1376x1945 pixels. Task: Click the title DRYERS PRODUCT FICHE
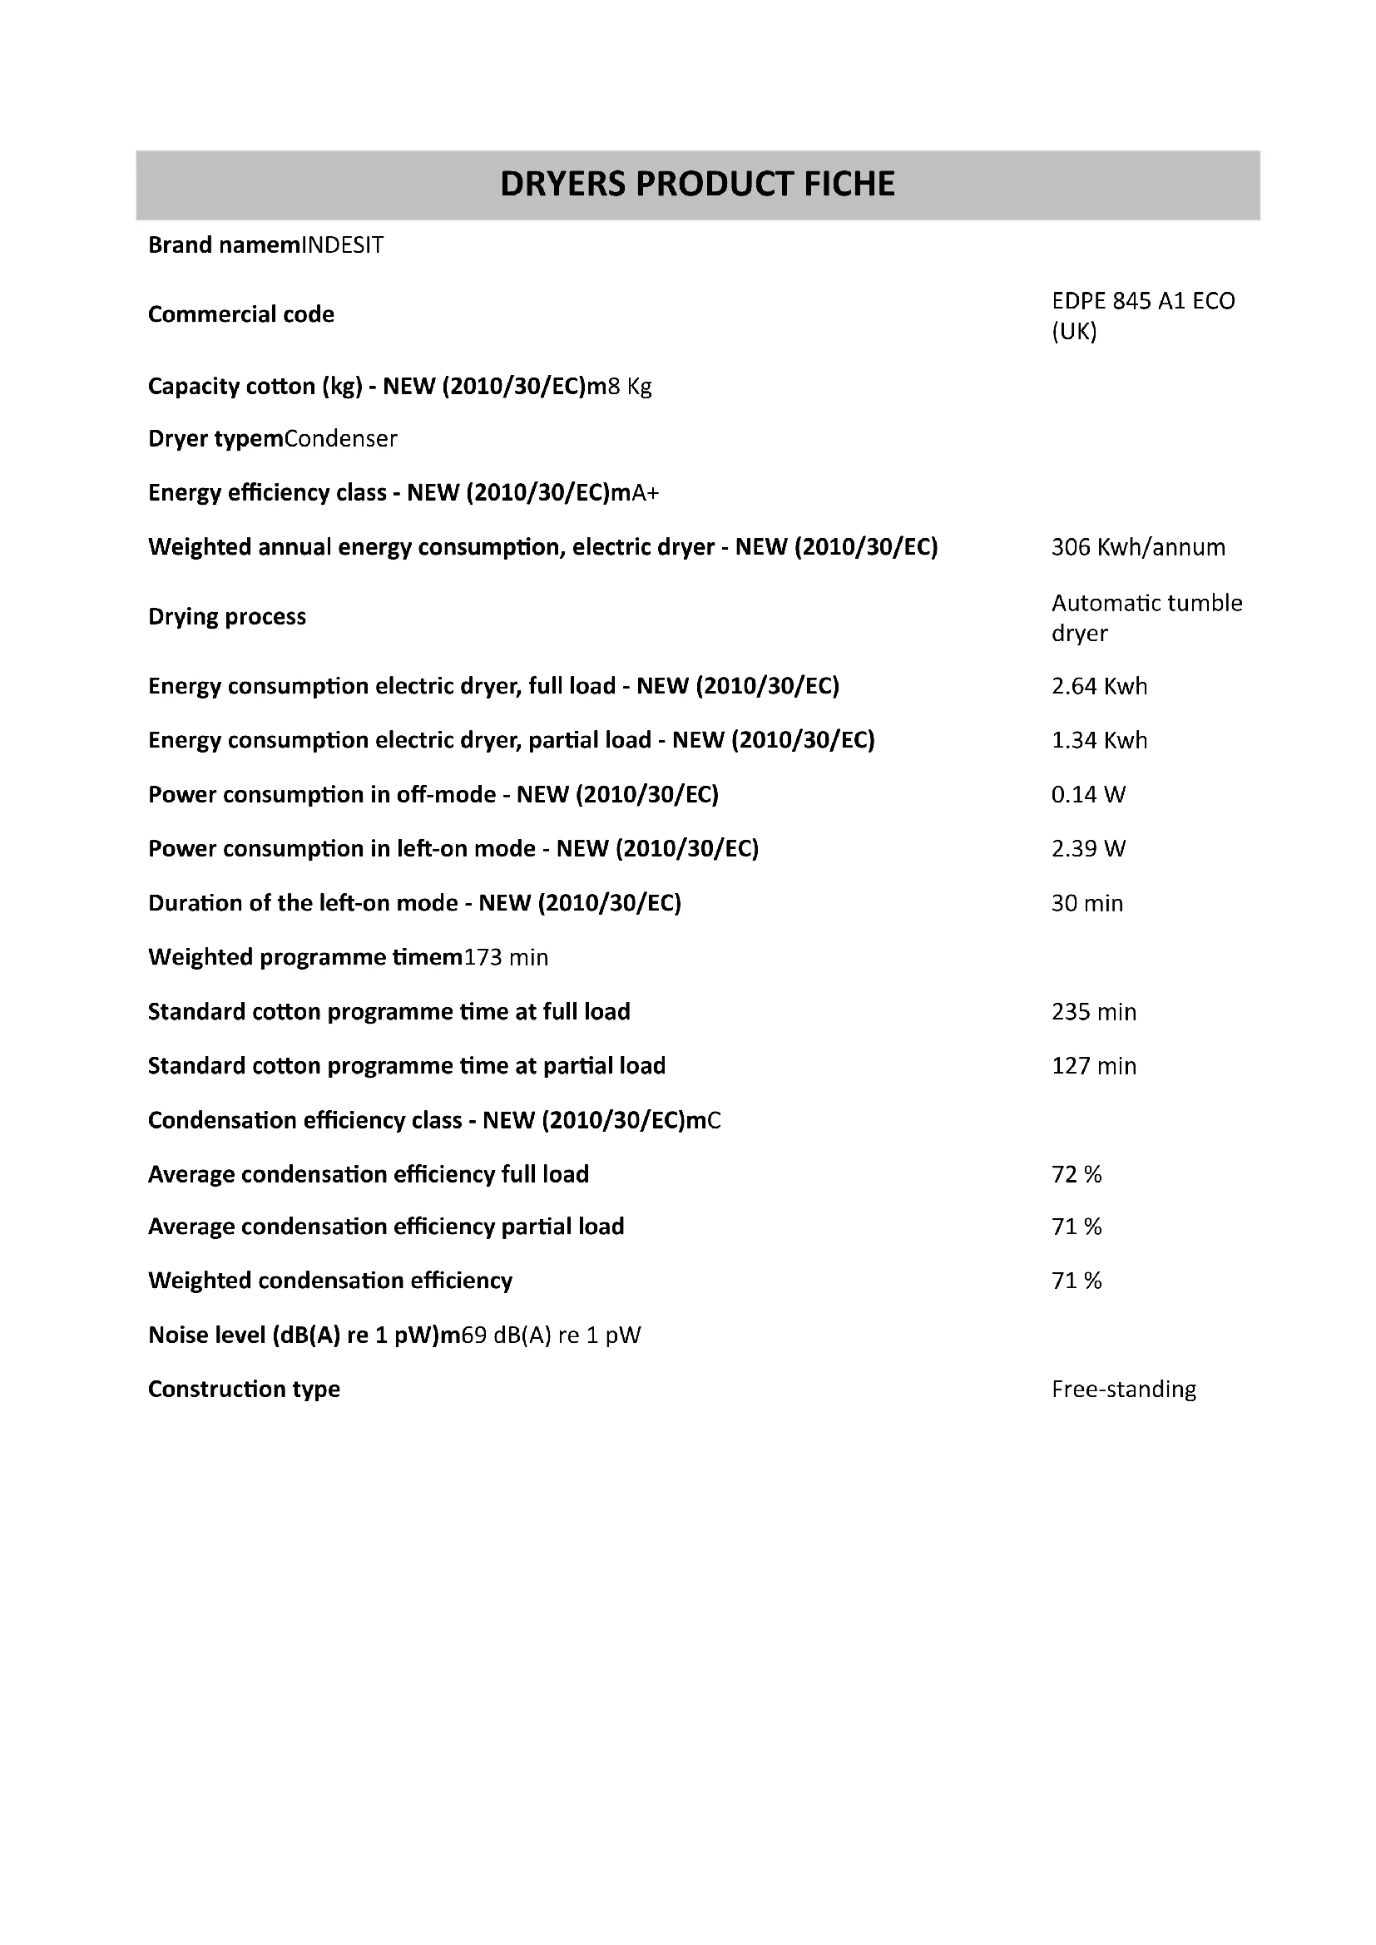point(696,184)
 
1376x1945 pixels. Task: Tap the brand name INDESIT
point(342,245)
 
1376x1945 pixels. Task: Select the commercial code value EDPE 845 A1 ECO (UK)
point(1142,316)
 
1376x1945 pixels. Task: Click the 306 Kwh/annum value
point(1138,547)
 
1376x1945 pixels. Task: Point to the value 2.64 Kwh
point(1099,686)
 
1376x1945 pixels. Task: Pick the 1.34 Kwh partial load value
point(1099,740)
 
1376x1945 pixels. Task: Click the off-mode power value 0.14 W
point(1088,795)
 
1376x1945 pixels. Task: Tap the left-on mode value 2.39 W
point(1088,849)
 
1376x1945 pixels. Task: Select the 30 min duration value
point(1087,903)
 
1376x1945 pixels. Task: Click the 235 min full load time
point(1093,1011)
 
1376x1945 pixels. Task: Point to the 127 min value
point(1093,1066)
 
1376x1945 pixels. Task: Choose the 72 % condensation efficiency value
point(1076,1174)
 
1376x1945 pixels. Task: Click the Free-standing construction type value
point(1123,1390)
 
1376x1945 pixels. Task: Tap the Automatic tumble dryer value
point(1146,618)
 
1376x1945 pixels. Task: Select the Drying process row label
point(227,617)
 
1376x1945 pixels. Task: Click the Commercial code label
point(240,314)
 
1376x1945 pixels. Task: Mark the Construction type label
point(244,1390)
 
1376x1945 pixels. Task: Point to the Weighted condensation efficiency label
point(330,1281)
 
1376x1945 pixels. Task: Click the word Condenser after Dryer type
point(340,439)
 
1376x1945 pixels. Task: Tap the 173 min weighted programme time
point(506,957)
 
